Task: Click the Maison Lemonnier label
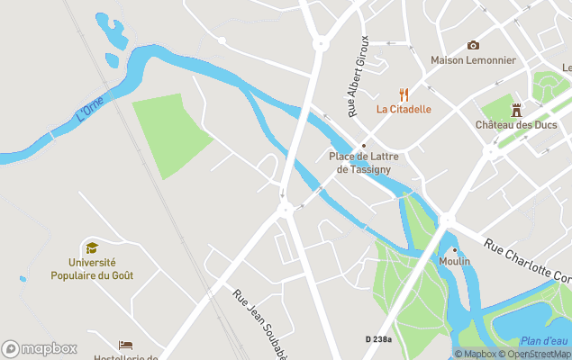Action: [473, 60]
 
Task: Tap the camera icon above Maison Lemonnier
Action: [473, 45]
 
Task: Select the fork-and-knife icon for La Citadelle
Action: [404, 94]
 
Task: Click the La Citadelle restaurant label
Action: [404, 110]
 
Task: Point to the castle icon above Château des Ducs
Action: [516, 110]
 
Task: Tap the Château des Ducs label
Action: [515, 125]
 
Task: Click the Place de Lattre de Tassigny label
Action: [364, 162]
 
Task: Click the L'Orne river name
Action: [90, 109]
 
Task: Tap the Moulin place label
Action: [455, 261]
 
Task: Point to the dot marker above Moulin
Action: [455, 249]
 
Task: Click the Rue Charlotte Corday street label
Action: [528, 261]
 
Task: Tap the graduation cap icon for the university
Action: [91, 247]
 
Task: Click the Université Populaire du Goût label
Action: [91, 269]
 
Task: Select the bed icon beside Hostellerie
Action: [125, 346]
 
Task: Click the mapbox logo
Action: [40, 348]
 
